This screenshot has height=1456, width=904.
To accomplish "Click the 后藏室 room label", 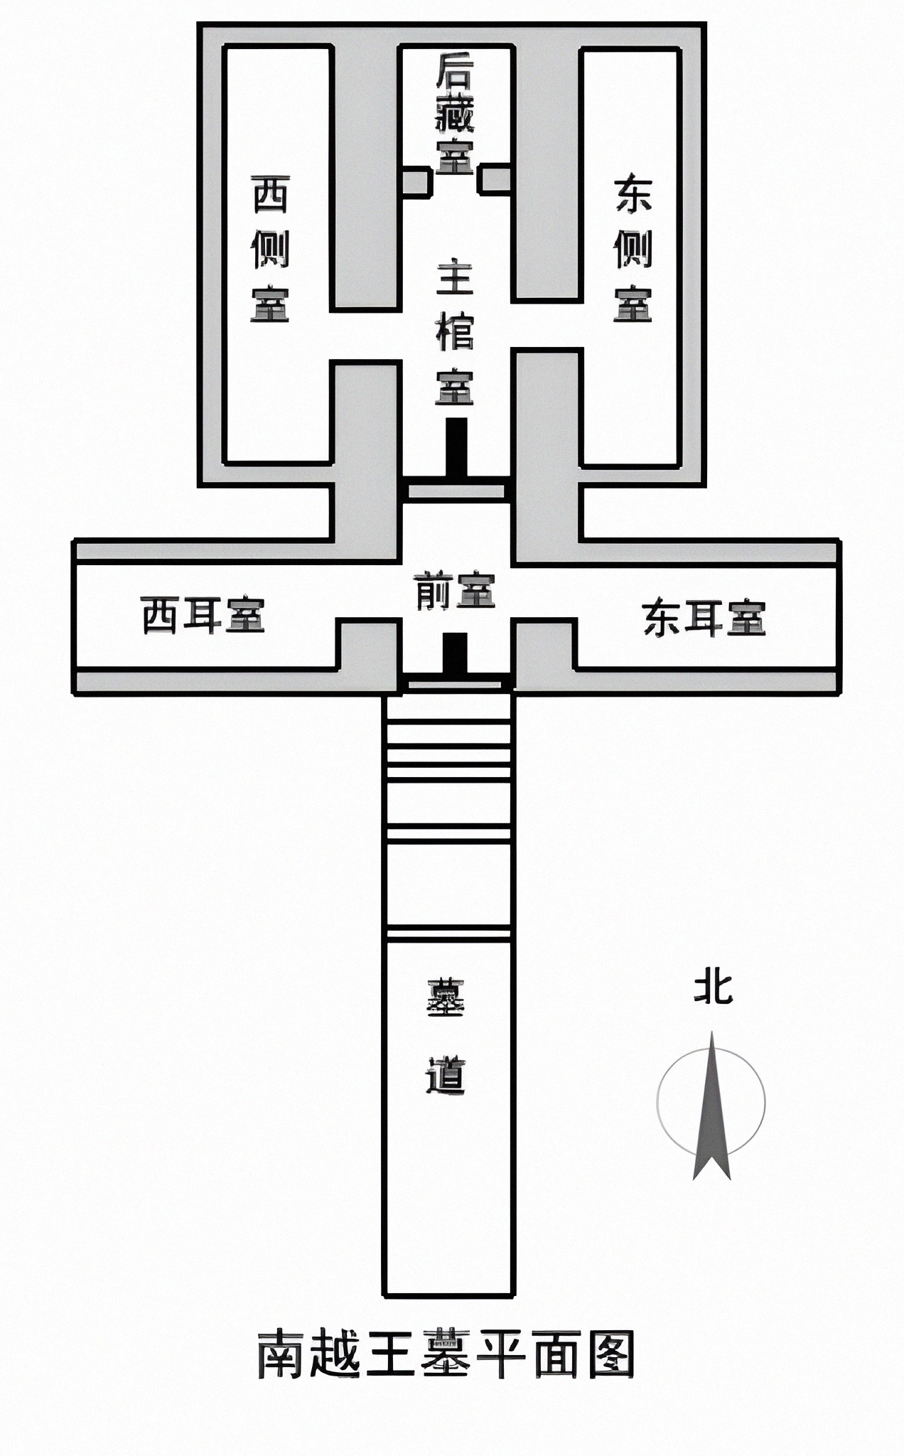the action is [455, 114].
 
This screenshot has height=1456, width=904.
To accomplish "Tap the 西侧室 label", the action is [270, 249].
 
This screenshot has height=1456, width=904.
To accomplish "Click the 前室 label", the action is [455, 590].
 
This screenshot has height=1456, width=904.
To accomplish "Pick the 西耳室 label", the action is [203, 615].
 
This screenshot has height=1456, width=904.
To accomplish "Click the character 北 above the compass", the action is [713, 988].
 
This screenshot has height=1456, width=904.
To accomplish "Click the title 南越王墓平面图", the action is [446, 1354].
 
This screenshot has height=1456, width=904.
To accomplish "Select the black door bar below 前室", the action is [455, 653].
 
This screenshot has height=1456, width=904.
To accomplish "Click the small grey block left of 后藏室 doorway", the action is [415, 181].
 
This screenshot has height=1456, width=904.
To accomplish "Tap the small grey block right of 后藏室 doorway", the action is [495, 179].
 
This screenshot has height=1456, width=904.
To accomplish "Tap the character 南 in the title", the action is [281, 1354].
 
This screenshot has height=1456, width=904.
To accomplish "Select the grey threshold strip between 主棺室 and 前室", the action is [456, 491].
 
